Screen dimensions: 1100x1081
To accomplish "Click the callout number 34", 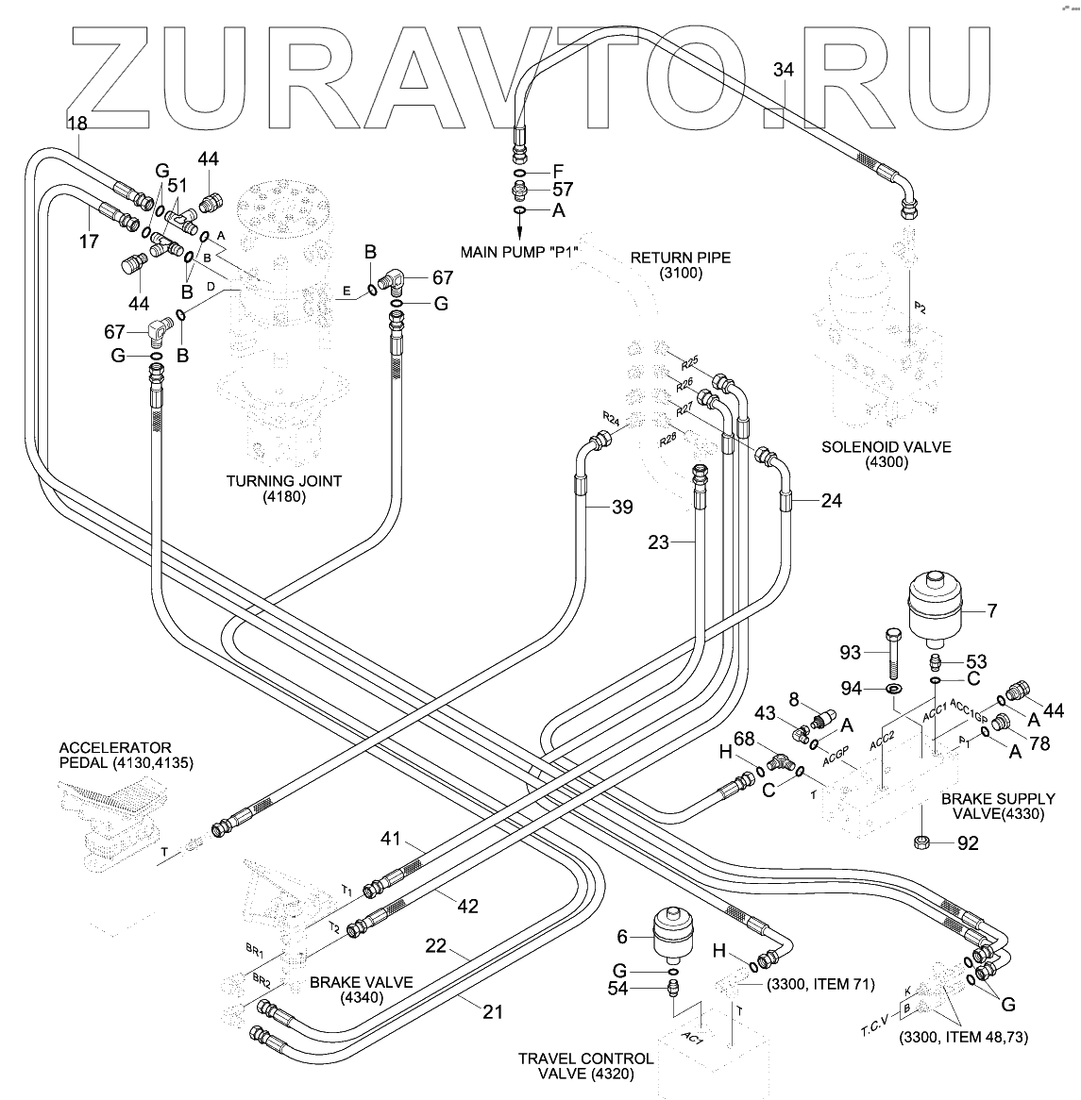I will click(784, 70).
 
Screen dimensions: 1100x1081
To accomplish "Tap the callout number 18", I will click(76, 123).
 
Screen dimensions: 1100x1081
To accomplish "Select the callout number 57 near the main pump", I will click(564, 190).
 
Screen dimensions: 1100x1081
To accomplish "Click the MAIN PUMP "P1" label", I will click(518, 252).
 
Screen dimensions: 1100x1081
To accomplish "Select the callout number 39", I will click(621, 508).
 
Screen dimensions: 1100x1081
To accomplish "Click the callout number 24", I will click(831, 501).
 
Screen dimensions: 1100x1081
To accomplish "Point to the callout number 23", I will click(659, 542).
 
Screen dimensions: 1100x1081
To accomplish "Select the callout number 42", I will click(467, 907).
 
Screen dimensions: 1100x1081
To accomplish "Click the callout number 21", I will click(492, 1012).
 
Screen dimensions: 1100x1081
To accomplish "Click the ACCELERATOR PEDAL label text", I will click(127, 755).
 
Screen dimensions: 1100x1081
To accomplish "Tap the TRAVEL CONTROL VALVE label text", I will click(585, 1066).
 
